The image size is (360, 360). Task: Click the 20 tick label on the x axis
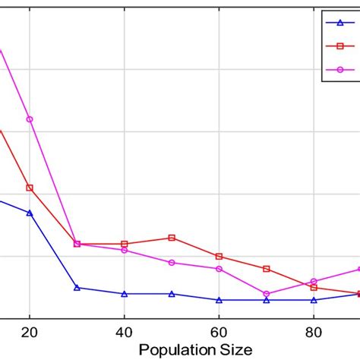[30, 331]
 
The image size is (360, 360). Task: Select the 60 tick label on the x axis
[219, 331]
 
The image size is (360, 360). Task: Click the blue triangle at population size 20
[30, 213]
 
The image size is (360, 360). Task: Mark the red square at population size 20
[30, 188]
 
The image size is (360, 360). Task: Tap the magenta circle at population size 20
[30, 119]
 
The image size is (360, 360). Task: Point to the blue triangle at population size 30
[77, 288]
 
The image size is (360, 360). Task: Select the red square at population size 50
[172, 238]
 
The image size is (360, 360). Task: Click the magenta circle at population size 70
[267, 294]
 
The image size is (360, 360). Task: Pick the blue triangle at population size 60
[219, 300]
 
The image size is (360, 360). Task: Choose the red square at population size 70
[267, 269]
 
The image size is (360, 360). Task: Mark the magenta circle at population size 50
[172, 263]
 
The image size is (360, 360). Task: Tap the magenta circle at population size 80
[314, 281]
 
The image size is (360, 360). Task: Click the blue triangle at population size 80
[314, 300]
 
